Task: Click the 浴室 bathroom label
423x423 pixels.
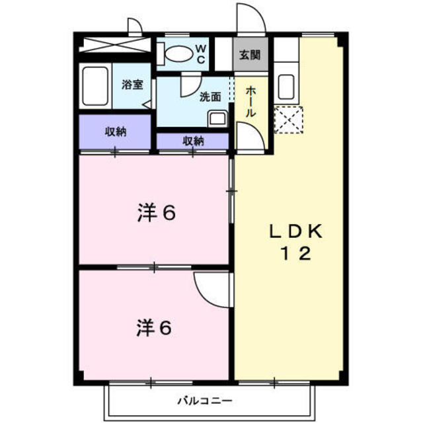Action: tap(132, 85)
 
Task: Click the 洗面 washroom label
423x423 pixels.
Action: tap(210, 96)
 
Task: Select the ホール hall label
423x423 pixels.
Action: tap(250, 102)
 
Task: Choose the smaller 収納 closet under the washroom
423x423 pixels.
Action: tap(193, 141)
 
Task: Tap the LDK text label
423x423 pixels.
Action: tap(295, 231)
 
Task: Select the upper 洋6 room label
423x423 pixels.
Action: tap(156, 213)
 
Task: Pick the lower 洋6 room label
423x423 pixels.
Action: tap(156, 327)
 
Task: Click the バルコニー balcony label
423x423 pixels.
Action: tap(204, 401)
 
